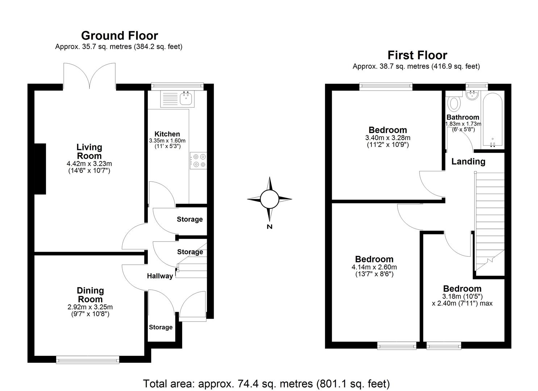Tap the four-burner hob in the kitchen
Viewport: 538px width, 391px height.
(x=199, y=161)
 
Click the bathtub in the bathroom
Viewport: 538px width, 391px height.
(x=492, y=119)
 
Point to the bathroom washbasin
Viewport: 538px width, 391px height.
(x=472, y=96)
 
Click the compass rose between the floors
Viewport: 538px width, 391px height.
(x=269, y=199)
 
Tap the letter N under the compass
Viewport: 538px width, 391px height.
(x=269, y=227)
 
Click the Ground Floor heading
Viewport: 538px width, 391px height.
(x=120, y=35)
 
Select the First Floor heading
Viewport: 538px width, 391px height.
(x=417, y=55)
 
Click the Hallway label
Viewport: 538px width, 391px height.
(x=160, y=276)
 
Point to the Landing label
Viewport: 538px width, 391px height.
(x=468, y=161)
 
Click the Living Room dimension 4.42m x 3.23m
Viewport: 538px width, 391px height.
(x=89, y=164)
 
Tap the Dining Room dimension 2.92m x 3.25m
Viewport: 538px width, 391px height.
(x=90, y=307)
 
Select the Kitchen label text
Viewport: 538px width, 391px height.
(x=167, y=134)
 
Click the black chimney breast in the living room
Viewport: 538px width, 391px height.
(x=40, y=169)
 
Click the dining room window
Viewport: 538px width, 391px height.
(x=88, y=359)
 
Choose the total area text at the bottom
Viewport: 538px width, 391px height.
(x=266, y=383)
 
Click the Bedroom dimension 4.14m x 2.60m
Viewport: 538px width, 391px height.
(x=374, y=267)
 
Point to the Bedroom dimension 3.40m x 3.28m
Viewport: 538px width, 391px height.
(x=388, y=138)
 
